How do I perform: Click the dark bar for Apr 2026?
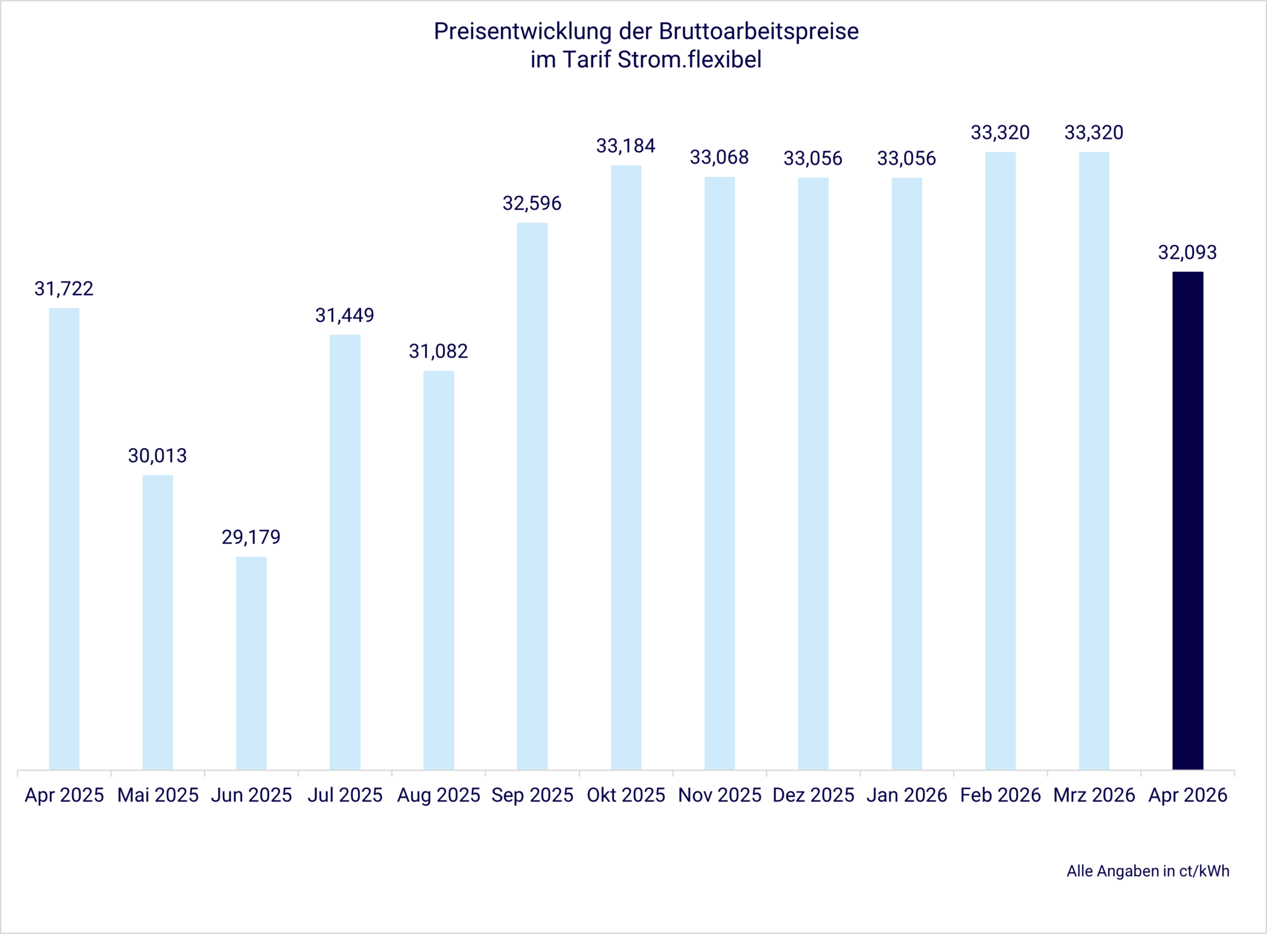click(1187, 520)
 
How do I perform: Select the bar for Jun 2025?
click(251, 662)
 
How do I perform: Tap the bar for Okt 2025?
click(626, 467)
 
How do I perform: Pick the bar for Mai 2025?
click(158, 622)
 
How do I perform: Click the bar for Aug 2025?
click(438, 570)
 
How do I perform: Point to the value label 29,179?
click(251, 537)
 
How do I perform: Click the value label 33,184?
click(626, 146)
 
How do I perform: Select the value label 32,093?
click(1187, 253)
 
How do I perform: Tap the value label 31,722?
click(64, 289)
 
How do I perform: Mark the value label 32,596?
click(532, 203)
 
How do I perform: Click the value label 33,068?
click(719, 157)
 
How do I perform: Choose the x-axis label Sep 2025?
click(532, 795)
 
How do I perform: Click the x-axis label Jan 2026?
click(907, 795)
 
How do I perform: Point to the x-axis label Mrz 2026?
click(1094, 795)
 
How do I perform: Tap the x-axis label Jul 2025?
click(345, 795)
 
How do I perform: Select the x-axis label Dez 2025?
click(813, 795)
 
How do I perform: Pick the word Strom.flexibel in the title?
click(689, 60)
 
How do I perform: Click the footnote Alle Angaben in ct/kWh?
click(1148, 871)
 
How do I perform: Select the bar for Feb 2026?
click(1000, 461)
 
